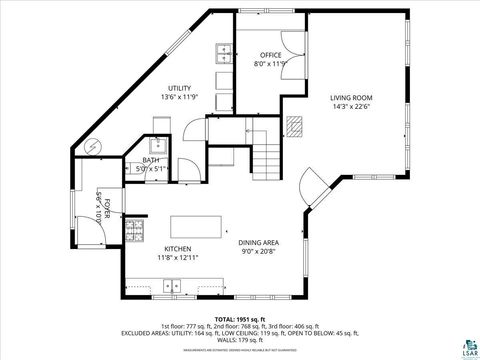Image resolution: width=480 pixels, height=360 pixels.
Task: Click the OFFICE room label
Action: point(271,55)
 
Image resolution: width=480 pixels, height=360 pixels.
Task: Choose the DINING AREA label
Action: point(258,243)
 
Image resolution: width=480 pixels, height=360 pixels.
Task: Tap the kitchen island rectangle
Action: point(195,225)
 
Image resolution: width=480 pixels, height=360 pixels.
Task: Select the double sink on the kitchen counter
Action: point(174,285)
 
